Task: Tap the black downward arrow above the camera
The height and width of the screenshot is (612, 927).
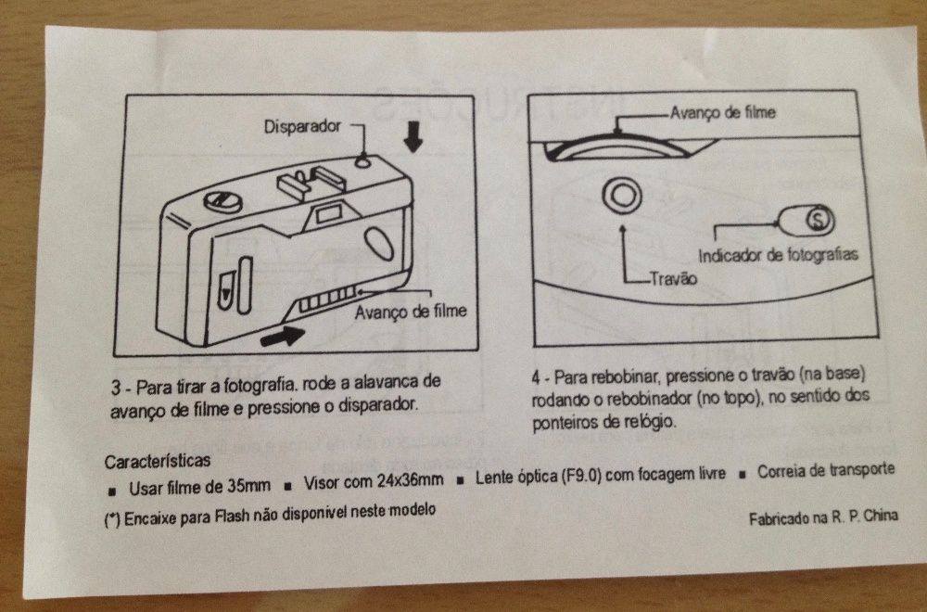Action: pos(413,139)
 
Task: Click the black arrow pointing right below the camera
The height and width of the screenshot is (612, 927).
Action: pos(282,335)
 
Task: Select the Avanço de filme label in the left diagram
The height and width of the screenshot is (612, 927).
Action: pos(411,311)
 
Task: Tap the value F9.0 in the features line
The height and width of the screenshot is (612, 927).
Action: pos(584,478)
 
